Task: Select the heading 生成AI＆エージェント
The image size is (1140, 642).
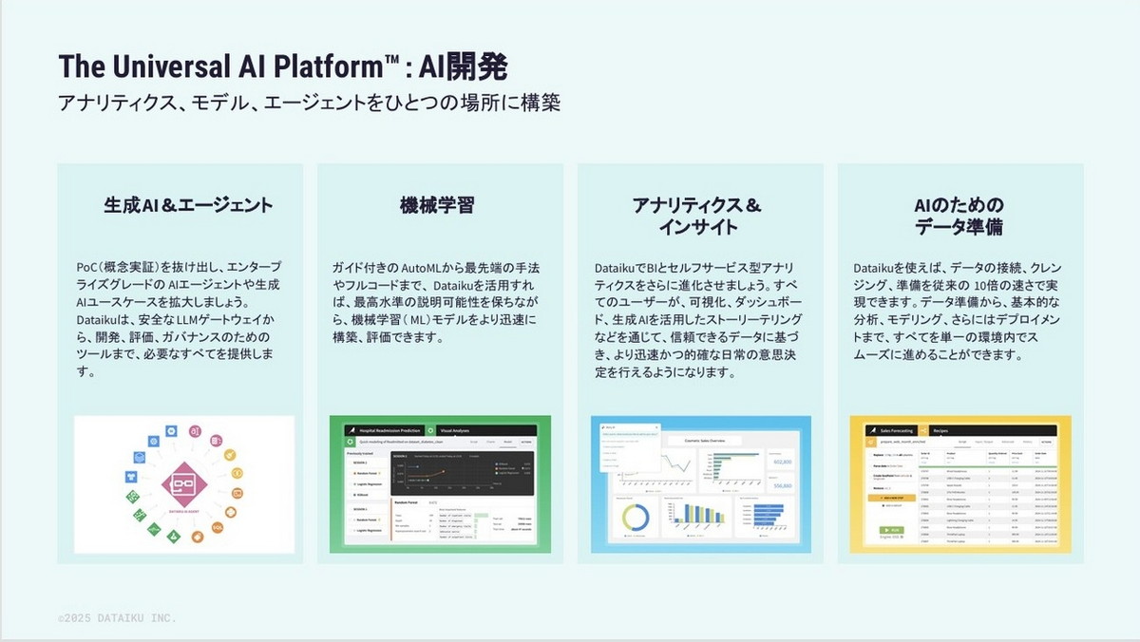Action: (x=188, y=204)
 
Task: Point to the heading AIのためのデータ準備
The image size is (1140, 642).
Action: (x=959, y=216)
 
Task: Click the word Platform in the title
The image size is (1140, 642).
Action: (x=316, y=66)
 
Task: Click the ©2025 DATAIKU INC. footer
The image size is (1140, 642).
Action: (x=117, y=618)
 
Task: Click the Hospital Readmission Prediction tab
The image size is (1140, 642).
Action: (x=384, y=429)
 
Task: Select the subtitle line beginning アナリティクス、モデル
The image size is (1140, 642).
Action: (x=308, y=103)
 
